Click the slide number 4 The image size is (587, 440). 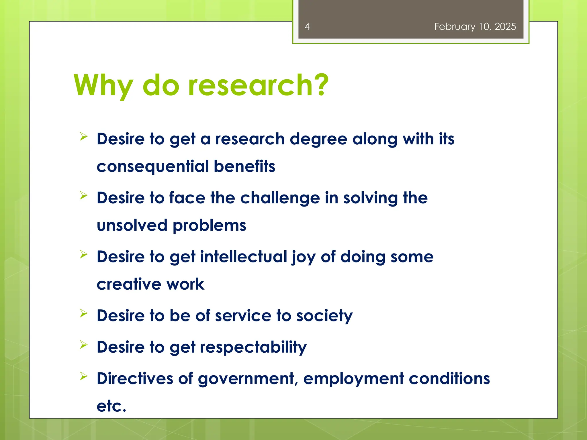[307, 27]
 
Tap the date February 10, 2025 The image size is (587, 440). [475, 27]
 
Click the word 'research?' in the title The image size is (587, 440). [258, 85]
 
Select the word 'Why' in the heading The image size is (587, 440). [103, 86]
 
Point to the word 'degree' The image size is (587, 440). [318, 139]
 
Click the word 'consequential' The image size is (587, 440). [153, 167]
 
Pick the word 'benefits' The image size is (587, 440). [244, 166]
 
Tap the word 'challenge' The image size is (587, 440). [280, 198]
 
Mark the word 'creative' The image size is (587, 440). [129, 284]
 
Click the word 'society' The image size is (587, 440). [324, 316]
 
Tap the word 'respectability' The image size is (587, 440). [253, 347]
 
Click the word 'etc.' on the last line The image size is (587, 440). [111, 406]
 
